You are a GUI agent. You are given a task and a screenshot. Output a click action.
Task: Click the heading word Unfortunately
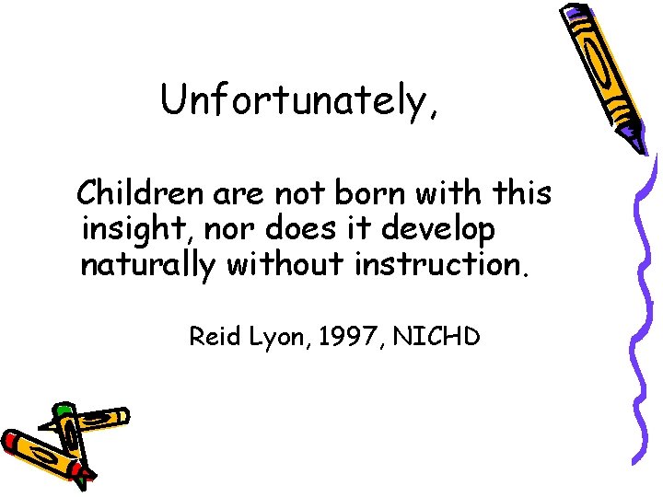point(295,100)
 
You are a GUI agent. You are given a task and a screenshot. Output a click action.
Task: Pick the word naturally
point(148,265)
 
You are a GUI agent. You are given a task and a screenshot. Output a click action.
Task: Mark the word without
point(285,265)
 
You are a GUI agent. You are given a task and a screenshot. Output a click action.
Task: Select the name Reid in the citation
point(211,337)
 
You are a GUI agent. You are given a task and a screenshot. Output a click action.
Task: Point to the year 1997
point(340,337)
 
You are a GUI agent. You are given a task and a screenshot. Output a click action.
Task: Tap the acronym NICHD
point(436,337)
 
